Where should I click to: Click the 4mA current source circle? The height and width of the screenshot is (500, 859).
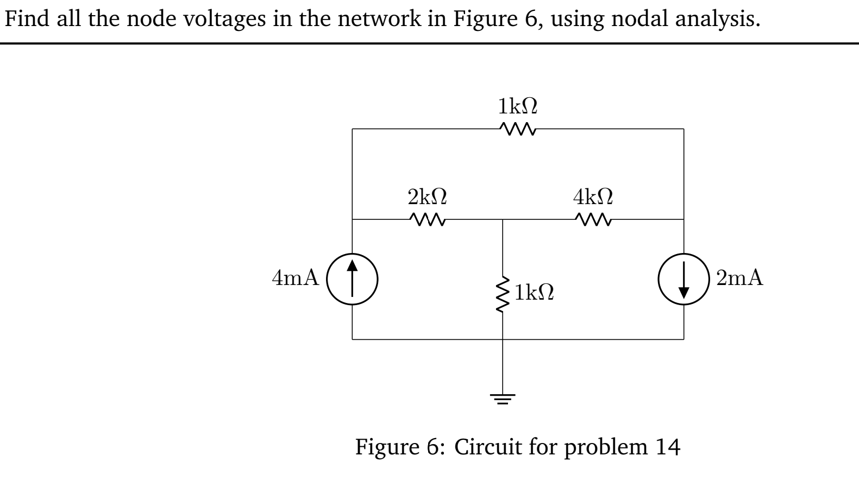(x=352, y=279)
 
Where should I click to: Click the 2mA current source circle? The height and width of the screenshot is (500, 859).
(x=684, y=279)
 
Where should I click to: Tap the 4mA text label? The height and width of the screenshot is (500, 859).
(x=295, y=278)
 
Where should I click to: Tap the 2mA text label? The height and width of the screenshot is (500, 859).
(x=739, y=278)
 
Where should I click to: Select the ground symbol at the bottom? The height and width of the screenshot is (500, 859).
(x=503, y=401)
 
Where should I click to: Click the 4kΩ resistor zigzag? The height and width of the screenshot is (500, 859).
(x=593, y=220)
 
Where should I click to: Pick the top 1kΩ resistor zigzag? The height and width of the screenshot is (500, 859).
(x=518, y=129)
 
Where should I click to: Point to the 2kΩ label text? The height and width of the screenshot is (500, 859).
(x=428, y=196)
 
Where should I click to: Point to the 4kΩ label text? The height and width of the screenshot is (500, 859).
(x=593, y=196)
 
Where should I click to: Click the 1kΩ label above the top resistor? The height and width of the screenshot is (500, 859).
(x=518, y=106)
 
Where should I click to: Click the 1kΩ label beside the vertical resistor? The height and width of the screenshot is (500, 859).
(x=535, y=293)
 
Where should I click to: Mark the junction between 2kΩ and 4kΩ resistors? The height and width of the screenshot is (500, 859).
(x=503, y=220)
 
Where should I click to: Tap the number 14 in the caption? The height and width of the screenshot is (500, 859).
(x=668, y=447)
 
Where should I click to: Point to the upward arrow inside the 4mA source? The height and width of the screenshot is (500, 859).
(x=352, y=277)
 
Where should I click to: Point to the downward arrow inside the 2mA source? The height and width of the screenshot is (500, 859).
(x=684, y=281)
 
